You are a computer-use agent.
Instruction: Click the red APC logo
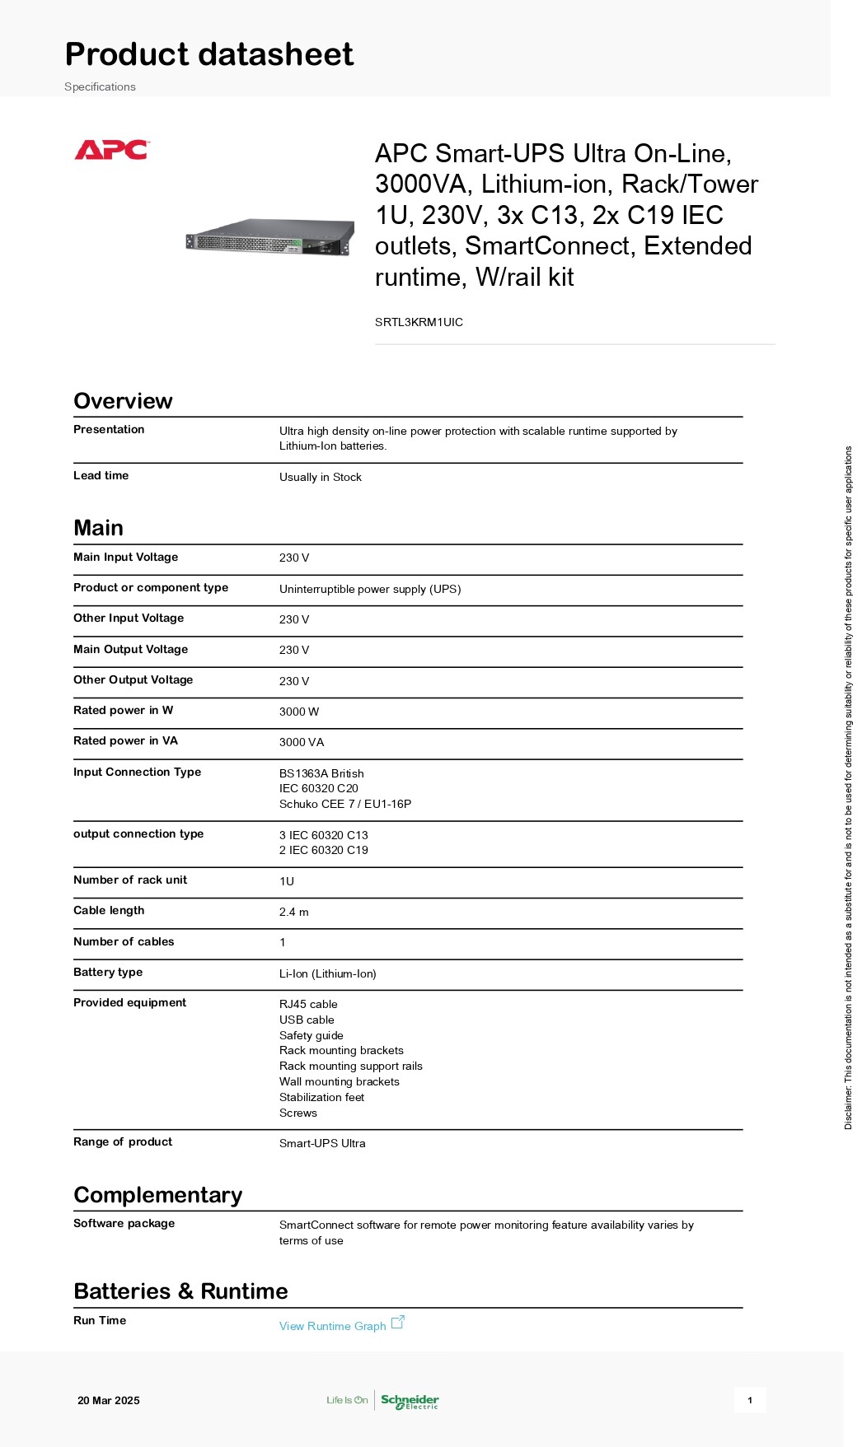(111, 150)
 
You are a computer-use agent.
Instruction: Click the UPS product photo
(269, 237)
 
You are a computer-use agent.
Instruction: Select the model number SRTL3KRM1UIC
(419, 322)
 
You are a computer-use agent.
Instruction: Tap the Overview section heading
(123, 401)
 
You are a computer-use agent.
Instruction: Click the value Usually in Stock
(320, 477)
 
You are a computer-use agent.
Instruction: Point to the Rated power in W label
(123, 710)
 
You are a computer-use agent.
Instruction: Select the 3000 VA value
(302, 742)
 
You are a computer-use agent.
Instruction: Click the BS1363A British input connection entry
(321, 773)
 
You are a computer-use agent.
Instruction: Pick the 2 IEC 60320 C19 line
(323, 850)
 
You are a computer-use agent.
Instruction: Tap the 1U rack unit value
(287, 881)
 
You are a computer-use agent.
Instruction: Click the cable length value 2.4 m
(293, 912)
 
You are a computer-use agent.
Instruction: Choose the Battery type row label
(108, 972)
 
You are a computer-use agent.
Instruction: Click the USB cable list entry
(307, 1020)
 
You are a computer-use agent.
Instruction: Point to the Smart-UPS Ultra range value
(322, 1143)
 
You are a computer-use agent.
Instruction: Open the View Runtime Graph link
(332, 1326)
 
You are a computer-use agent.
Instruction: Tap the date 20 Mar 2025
(109, 1400)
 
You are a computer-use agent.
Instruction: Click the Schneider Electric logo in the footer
(410, 1401)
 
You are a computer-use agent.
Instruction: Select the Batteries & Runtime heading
(180, 1291)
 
